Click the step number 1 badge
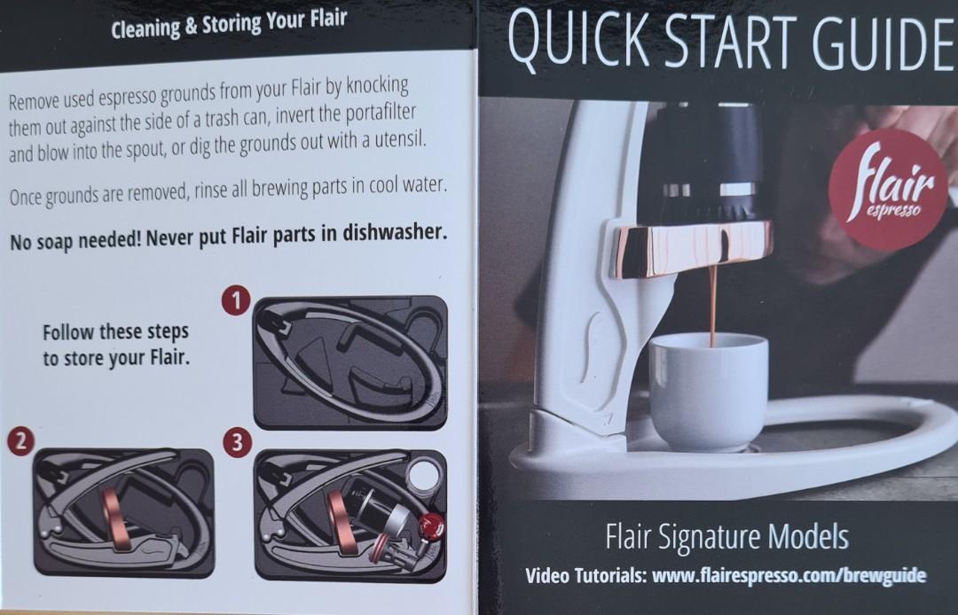point(234,301)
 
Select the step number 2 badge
point(20,440)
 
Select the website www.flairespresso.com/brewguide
point(789,575)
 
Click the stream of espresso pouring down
point(712,301)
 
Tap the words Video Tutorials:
point(585,576)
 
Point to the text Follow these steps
point(115,333)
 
